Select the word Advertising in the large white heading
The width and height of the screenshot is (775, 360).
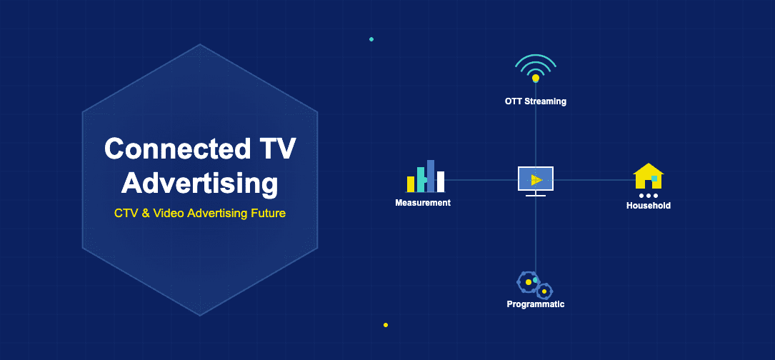click(199, 183)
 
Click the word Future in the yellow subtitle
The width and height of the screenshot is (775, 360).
click(267, 213)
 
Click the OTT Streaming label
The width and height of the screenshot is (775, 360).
click(535, 101)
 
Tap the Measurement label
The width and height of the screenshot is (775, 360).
click(423, 203)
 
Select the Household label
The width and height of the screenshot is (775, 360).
click(648, 206)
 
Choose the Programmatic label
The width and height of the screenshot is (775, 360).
click(535, 304)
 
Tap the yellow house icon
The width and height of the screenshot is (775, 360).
click(648, 176)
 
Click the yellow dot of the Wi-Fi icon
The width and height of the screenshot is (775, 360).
click(536, 78)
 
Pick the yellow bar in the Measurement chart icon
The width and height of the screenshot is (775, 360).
click(411, 184)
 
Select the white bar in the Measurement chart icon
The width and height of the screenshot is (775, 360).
click(441, 182)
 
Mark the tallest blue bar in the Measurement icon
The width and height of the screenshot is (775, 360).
click(431, 176)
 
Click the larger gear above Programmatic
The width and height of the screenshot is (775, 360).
click(528, 282)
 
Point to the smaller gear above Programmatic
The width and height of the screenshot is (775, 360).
click(544, 291)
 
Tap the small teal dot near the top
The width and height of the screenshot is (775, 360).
click(371, 39)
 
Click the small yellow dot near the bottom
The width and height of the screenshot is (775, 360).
click(386, 325)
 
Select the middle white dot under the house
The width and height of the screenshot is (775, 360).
click(649, 196)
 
